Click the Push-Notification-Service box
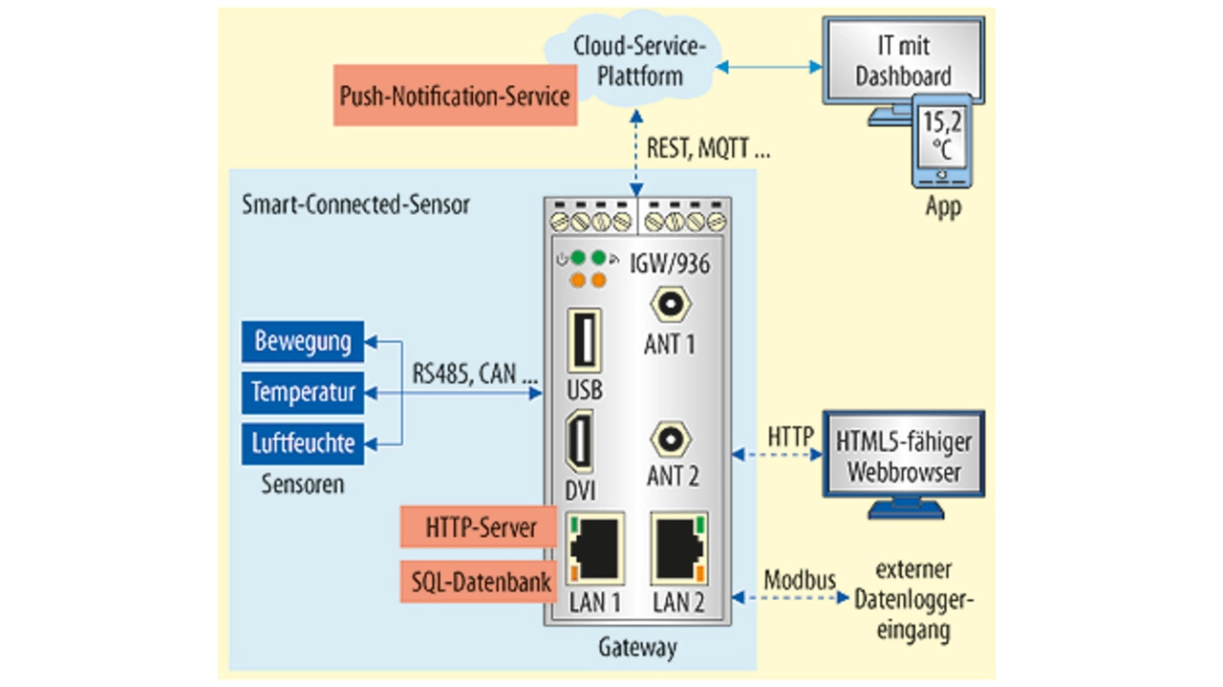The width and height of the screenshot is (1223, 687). (x=455, y=96)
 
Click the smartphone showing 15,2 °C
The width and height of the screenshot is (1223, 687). (x=941, y=140)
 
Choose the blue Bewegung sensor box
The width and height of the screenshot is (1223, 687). (x=303, y=341)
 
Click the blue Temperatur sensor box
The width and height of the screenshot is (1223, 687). (x=303, y=392)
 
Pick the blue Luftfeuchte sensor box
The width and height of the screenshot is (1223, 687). (x=303, y=443)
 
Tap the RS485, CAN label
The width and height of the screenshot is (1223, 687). (x=475, y=374)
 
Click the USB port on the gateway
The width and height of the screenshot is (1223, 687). (x=585, y=340)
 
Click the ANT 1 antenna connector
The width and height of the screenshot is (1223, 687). (x=670, y=306)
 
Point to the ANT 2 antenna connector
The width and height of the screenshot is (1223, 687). (x=670, y=440)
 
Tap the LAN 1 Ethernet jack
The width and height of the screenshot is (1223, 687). (x=595, y=548)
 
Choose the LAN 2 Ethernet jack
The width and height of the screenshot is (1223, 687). (x=678, y=548)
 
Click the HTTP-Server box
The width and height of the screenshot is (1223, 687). (x=479, y=526)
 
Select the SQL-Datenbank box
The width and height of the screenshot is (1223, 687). (x=479, y=581)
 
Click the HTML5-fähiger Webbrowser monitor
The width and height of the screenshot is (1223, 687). (x=903, y=456)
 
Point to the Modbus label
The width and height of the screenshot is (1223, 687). (x=800, y=579)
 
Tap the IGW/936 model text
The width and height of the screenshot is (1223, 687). (x=670, y=263)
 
